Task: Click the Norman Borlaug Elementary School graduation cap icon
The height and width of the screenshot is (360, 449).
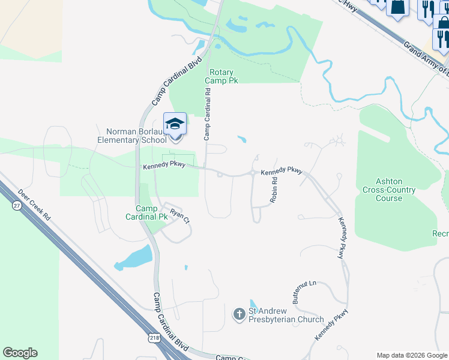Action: [175, 124]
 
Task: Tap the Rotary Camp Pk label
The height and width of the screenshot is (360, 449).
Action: [218, 76]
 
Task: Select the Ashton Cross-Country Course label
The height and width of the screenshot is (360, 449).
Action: [388, 190]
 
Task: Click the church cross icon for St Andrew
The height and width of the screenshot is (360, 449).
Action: [239, 314]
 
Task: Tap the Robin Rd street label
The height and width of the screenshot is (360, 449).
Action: [274, 190]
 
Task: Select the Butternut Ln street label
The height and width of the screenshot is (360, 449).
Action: [304, 292]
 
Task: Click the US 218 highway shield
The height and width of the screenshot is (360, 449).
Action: [155, 338]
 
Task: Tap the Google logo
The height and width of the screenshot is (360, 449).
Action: [20, 353]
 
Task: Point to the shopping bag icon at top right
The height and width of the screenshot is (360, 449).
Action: [397, 7]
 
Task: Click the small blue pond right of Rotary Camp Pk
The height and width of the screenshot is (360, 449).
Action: [241, 139]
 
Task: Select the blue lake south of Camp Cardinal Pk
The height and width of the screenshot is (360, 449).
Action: [133, 258]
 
